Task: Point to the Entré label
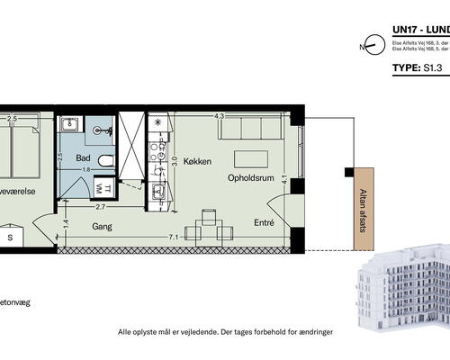pyautogui.click(x=263, y=221)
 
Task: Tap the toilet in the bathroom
pyautogui.click(x=105, y=160)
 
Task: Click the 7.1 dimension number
pyautogui.click(x=172, y=236)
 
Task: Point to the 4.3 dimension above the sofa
pyautogui.click(x=219, y=115)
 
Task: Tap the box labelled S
pyautogui.click(x=10, y=238)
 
